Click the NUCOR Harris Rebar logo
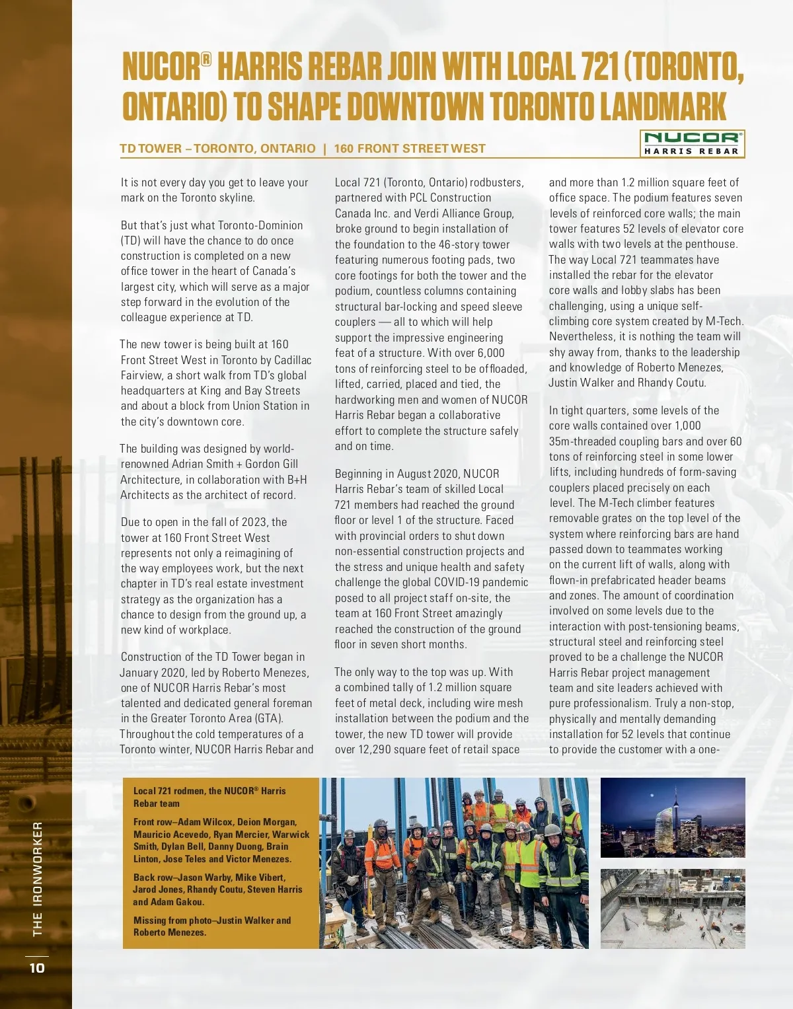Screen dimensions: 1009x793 [692, 143]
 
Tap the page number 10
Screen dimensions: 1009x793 [37, 968]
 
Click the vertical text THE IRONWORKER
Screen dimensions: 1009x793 [38, 879]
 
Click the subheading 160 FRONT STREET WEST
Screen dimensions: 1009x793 [410, 149]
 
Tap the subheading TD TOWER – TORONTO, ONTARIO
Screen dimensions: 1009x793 [217, 149]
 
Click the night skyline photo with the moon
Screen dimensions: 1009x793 [673, 817]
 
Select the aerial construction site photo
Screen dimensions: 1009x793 [673, 909]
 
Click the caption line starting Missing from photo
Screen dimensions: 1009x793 [211, 920]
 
